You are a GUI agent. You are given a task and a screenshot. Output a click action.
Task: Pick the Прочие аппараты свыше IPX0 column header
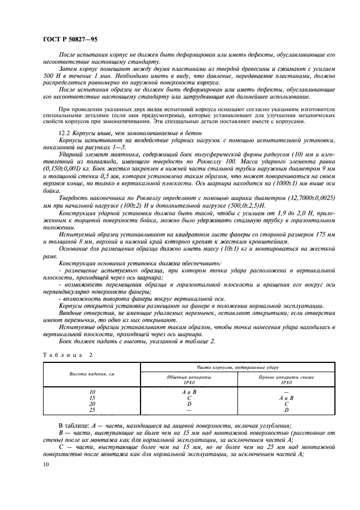(286, 380)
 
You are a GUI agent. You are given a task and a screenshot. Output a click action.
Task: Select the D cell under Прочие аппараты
(286, 409)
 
